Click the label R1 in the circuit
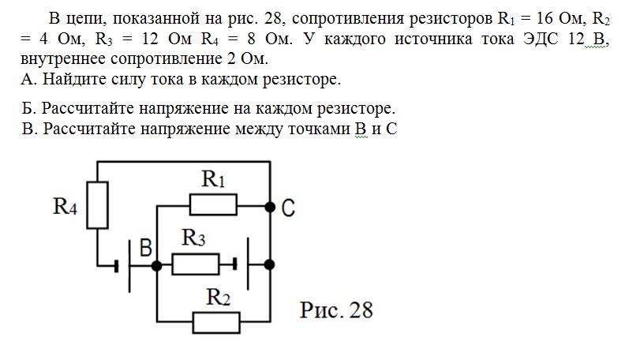[214, 179]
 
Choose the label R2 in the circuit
[218, 297]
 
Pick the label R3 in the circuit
[194, 237]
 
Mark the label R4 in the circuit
[65, 207]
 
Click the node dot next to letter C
[271, 208]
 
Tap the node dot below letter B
[157, 266]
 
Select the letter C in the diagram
[288, 208]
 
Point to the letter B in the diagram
[147, 249]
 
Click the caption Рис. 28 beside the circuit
[336, 309]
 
